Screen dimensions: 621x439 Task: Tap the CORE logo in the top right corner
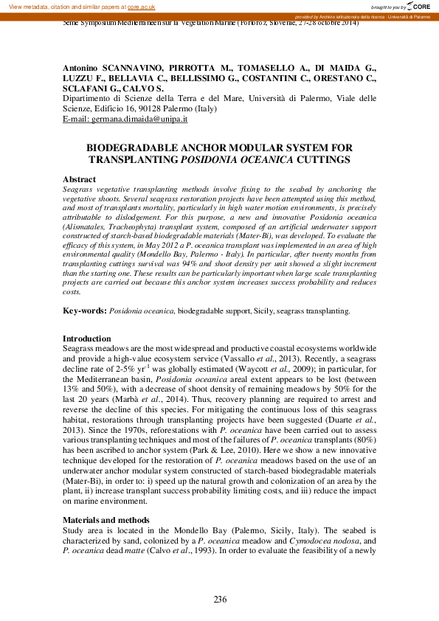[420, 6]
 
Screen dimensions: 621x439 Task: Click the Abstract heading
[79, 179]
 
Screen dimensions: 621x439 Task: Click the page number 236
[220, 599]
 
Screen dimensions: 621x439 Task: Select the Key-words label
[84, 311]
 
